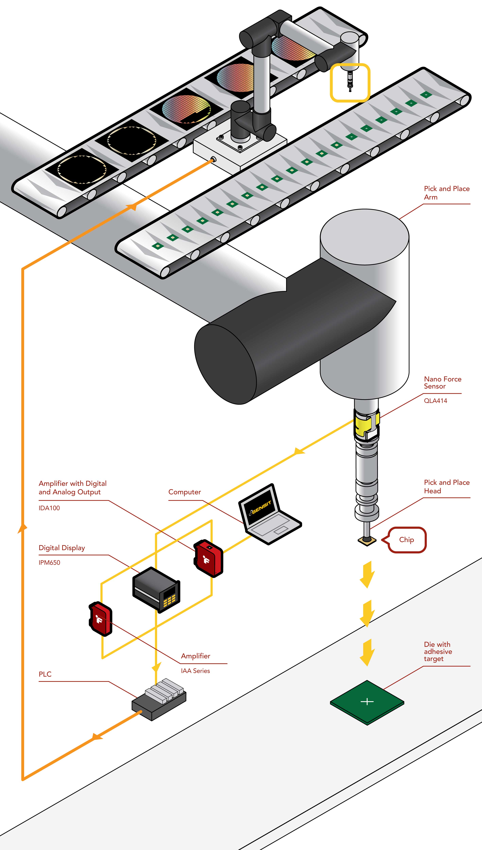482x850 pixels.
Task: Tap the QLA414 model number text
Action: pos(435,401)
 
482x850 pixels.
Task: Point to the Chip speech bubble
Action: pos(407,540)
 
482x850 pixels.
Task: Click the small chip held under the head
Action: pos(367,541)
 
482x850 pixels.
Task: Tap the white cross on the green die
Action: pos(367,701)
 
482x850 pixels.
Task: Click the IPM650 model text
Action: pos(49,562)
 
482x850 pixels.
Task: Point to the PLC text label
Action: pos(45,674)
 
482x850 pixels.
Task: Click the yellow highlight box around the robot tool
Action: pos(350,82)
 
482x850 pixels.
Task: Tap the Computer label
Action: pos(184,492)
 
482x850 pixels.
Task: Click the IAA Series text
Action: pos(195,671)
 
